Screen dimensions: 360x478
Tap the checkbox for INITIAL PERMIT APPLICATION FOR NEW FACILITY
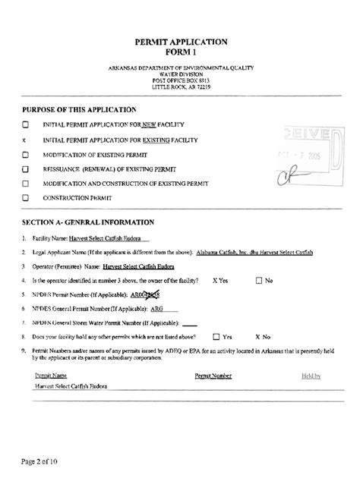coord(26,124)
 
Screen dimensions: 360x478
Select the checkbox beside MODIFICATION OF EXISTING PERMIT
coord(26,154)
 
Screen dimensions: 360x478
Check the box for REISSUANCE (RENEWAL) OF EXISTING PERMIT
coord(26,168)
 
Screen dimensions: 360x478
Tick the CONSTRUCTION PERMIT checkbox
coord(26,198)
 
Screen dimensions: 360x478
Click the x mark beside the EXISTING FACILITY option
coord(25,140)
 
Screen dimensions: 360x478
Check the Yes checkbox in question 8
coord(216,335)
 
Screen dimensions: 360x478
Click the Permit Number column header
coord(213,376)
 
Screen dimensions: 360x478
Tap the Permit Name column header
coord(52,376)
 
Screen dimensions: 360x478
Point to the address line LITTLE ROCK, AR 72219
coord(180,87)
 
